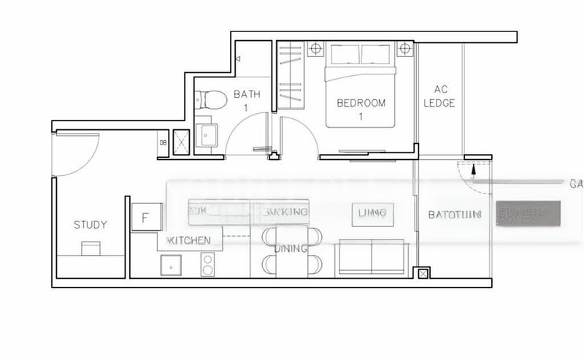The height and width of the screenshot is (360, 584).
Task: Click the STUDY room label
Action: [91, 224]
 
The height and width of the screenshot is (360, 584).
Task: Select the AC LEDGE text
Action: [439, 96]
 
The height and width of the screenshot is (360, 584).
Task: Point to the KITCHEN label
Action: [190, 240]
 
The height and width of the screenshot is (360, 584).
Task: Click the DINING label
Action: [291, 249]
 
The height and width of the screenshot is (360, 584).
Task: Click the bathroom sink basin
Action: [210, 134]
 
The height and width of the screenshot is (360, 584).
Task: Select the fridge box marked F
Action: [145, 218]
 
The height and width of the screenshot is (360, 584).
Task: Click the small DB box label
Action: [163, 142]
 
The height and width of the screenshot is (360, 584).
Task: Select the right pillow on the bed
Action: [377, 54]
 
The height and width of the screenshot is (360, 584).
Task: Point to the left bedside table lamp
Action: [316, 50]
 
